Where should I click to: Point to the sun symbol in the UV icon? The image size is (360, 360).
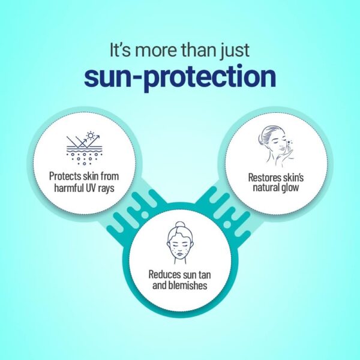coord(91,136)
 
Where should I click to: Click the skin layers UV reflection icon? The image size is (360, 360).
coord(84,148)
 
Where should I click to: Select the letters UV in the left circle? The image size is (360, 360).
coord(91,188)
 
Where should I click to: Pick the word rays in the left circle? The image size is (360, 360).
coord(107,189)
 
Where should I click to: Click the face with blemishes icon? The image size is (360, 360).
coord(181,243)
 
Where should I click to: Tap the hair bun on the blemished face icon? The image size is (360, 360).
coord(180,225)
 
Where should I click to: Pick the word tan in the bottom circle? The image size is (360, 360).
coord(204,275)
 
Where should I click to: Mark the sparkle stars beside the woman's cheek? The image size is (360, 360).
coord(290,143)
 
